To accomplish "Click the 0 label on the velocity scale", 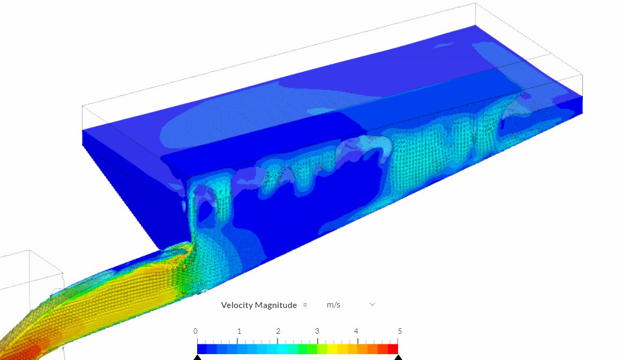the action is pos(195,331).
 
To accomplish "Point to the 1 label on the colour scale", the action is pos(239,331).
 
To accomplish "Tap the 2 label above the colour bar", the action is pos(278,331).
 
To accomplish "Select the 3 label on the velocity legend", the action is pos(317,331).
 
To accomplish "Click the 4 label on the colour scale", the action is pos(356,331).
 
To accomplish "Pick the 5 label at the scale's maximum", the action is pos(400,331).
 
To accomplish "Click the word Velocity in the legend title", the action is pos(237,305).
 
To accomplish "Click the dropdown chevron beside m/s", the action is pos(372,304).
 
